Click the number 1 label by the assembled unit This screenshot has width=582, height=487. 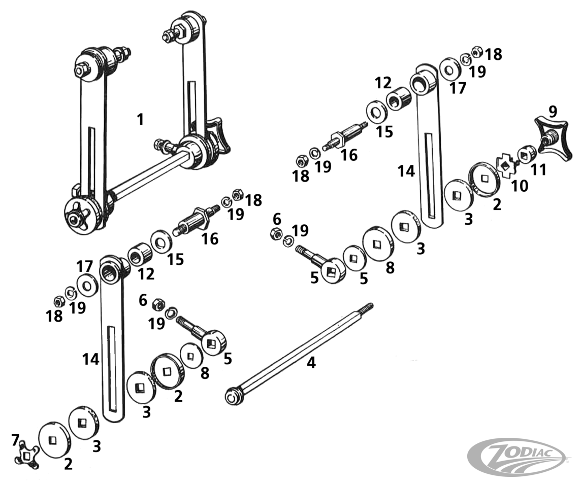pyautogui.click(x=140, y=120)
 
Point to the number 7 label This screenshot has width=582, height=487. pyautogui.click(x=16, y=440)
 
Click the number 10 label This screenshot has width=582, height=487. pyautogui.click(x=520, y=186)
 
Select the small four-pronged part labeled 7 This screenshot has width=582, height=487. pyautogui.click(x=27, y=456)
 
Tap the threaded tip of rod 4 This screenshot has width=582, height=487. pyautogui.click(x=367, y=307)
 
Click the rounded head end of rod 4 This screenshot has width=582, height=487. pyautogui.click(x=233, y=396)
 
